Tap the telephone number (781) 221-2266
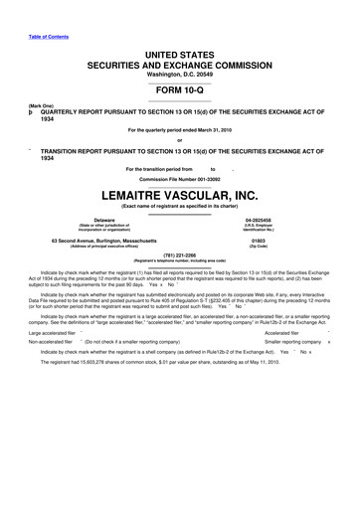tap(180, 254)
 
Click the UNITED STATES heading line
tap(180, 50)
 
